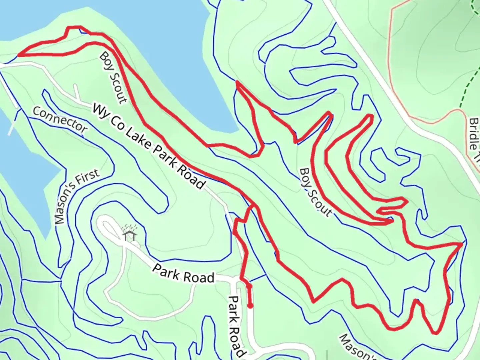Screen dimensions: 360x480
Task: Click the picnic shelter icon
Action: click(x=129, y=235)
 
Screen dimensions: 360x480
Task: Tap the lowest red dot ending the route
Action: click(x=250, y=306)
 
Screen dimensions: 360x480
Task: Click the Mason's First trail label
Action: click(x=77, y=197)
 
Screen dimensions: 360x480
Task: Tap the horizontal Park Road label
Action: click(x=183, y=273)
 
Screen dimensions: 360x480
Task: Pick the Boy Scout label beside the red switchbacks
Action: click(x=316, y=192)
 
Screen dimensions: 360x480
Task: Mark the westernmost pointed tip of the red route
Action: click(x=19, y=55)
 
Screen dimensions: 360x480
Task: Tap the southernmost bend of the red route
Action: click(x=435, y=333)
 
